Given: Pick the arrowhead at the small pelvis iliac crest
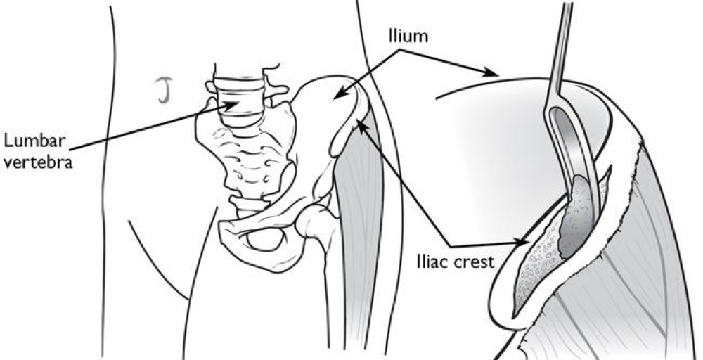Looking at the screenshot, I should (x=360, y=124).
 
